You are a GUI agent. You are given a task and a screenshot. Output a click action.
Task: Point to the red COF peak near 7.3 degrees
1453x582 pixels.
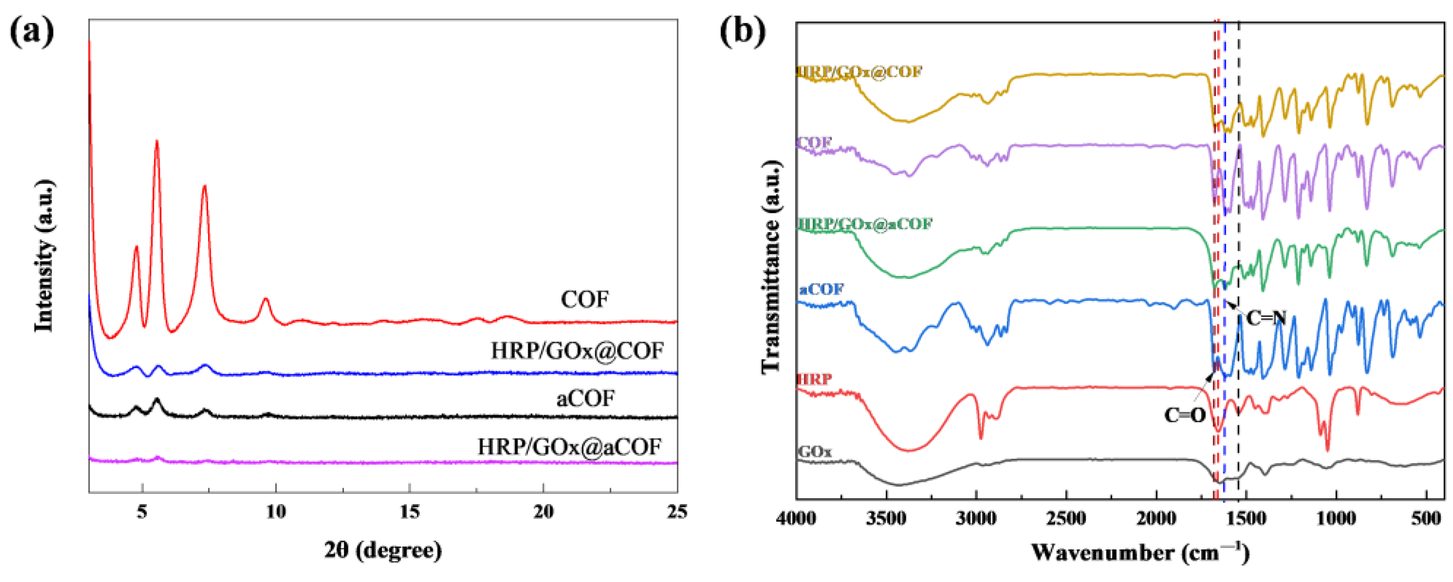coord(205,186)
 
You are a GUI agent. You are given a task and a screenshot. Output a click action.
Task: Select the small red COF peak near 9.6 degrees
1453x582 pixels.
coord(265,299)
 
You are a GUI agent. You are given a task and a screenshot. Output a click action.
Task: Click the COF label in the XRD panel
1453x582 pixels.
coord(585,299)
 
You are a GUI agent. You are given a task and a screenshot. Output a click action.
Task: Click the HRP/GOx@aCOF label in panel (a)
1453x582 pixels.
coord(569,447)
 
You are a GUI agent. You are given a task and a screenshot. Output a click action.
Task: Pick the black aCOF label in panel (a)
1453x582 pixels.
coord(586,399)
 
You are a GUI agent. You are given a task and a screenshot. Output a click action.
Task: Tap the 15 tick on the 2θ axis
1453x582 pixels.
coord(410,512)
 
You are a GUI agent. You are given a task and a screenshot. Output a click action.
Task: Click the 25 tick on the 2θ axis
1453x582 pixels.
coord(677,512)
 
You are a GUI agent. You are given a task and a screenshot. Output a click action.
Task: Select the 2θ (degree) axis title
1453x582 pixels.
coord(383,549)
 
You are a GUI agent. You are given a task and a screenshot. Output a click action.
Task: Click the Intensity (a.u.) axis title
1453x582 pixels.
coord(44,255)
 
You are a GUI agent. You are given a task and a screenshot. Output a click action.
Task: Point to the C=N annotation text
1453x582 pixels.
coord(1265,318)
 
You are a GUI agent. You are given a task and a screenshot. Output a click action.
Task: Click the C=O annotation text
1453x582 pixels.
coord(1184,416)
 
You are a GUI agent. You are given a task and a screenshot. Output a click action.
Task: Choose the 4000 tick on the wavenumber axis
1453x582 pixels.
coord(796,518)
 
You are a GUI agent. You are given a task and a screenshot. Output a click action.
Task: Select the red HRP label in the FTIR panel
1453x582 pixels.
coord(814,379)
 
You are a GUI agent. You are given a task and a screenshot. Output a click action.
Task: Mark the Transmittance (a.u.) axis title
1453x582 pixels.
coord(771,266)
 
